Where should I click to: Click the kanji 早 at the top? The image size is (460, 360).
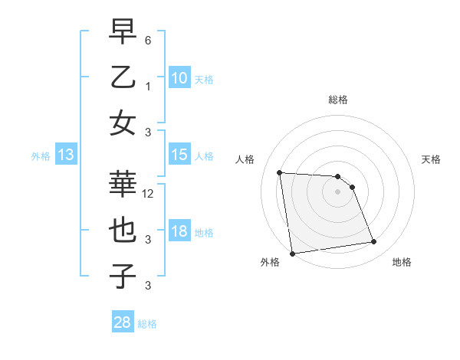tap(123, 33)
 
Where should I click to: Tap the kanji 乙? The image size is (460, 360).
tap(123, 77)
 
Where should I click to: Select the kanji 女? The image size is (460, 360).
tap(123, 123)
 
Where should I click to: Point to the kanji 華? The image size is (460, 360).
tap(123, 186)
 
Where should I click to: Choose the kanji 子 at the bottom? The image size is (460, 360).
tap(123, 276)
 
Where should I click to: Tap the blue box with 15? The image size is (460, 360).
tap(179, 155)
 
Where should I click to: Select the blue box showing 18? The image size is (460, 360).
tap(179, 231)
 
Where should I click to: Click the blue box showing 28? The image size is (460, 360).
tap(122, 322)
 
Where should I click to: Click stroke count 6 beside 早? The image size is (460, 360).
tap(149, 39)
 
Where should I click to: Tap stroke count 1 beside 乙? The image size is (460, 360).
tap(149, 87)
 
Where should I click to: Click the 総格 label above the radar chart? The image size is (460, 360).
tap(338, 100)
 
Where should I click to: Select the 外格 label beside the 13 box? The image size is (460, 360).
tap(41, 156)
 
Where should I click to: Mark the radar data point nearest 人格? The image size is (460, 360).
tap(279, 172)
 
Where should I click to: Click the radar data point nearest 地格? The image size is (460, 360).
tap(374, 242)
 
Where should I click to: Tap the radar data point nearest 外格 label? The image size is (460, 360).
tap(292, 254)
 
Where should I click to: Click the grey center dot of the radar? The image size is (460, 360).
tap(338, 191)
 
